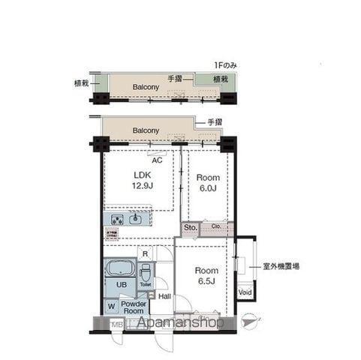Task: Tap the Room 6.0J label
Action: pos(207,183)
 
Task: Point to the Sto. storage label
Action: pos(189,226)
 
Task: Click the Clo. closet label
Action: pos(215,226)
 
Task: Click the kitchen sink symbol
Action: pos(136,219)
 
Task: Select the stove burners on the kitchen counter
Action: pos(118,219)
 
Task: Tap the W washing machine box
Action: pos(111,305)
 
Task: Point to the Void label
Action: pos(245,292)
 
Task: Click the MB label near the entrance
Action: pos(117,325)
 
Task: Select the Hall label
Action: pos(164,295)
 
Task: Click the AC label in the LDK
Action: pos(157,159)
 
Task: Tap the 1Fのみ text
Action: pos(225,66)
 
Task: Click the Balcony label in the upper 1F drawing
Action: pos(146,87)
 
